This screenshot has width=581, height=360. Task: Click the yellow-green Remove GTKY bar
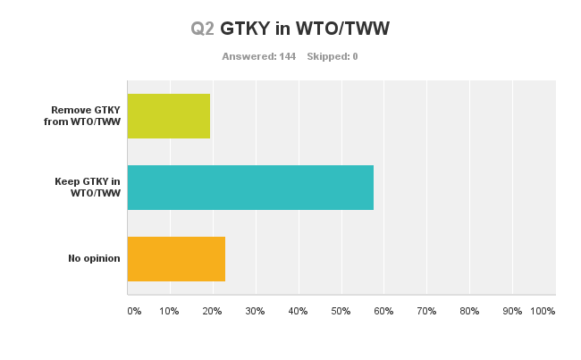pos(169,116)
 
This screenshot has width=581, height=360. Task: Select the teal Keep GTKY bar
pos(250,188)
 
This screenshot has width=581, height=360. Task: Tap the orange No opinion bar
pos(176,259)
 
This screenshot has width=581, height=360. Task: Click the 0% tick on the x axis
pos(134,311)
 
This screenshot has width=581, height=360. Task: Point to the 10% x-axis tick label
pos(169,311)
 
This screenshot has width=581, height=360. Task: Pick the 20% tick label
pos(212,311)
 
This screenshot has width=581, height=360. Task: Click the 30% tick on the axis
pos(255,311)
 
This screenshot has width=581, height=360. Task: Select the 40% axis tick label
pos(298,311)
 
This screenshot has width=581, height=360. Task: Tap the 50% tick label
pos(341,311)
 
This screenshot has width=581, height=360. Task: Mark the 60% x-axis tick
pos(383,311)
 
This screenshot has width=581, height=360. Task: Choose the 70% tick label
pos(426,311)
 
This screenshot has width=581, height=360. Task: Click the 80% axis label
pos(469,311)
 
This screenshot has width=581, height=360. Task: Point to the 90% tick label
pos(512,311)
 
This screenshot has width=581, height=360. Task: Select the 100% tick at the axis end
pos(543,311)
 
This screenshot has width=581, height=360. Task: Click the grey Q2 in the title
pos(202,29)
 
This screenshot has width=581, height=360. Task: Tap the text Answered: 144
pos(258,56)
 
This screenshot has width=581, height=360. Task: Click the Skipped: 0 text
pos(333,56)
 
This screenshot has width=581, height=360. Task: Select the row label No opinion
pos(94,259)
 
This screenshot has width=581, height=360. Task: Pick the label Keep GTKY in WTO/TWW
pos(88,188)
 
